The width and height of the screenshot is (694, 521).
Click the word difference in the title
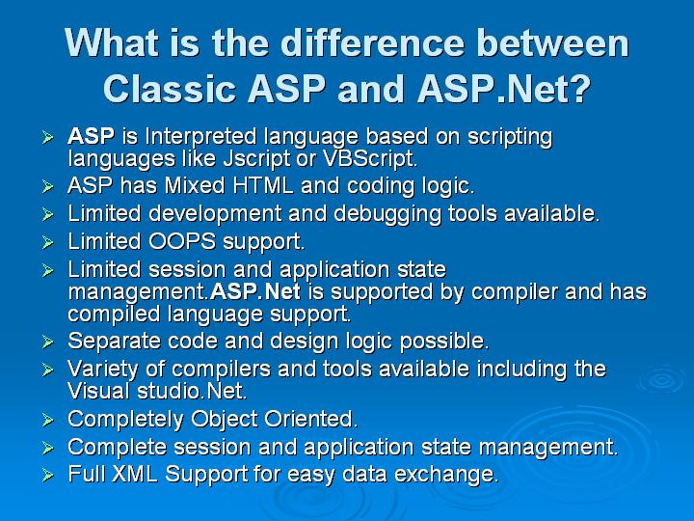click(373, 42)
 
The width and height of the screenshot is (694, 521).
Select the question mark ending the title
click(578, 88)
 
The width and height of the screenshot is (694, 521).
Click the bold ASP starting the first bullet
click(92, 136)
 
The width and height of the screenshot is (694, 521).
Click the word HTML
click(263, 185)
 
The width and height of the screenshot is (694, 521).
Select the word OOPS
click(182, 241)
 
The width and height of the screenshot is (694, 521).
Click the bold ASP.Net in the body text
click(255, 291)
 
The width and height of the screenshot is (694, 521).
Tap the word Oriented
click(311, 419)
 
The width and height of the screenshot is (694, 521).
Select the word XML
click(135, 474)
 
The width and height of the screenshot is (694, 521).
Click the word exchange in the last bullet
click(446, 474)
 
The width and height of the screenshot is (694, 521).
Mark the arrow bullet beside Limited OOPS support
click(48, 242)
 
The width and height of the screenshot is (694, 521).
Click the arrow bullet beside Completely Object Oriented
click(48, 420)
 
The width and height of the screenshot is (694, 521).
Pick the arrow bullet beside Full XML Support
click(48, 475)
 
